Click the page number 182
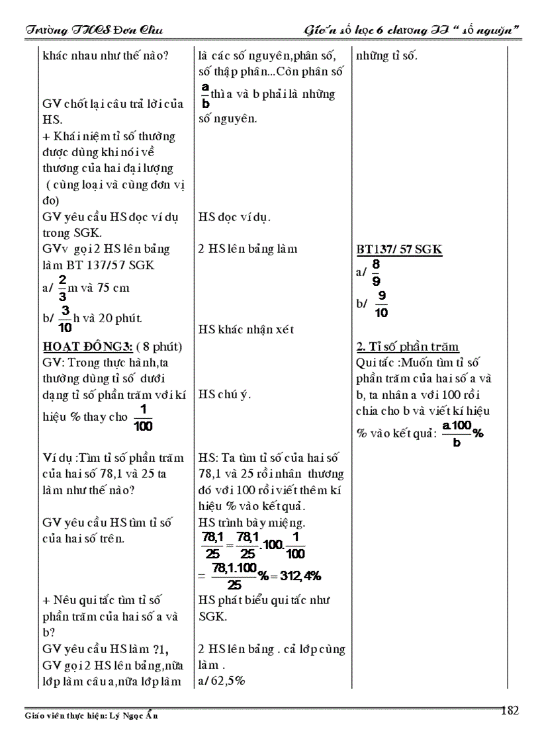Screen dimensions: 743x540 click(x=510, y=711)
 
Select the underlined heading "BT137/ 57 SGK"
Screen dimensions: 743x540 click(x=399, y=249)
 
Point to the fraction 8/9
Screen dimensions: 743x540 click(x=377, y=272)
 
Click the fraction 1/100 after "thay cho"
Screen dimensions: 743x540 click(x=142, y=419)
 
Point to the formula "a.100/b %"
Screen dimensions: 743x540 click(x=462, y=435)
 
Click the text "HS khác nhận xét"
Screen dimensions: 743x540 click(x=246, y=329)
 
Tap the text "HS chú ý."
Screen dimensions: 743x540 click(x=226, y=394)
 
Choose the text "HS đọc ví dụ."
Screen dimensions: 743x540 click(x=234, y=216)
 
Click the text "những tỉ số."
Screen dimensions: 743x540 click(x=386, y=56)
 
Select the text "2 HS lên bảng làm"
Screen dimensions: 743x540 click(x=248, y=249)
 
